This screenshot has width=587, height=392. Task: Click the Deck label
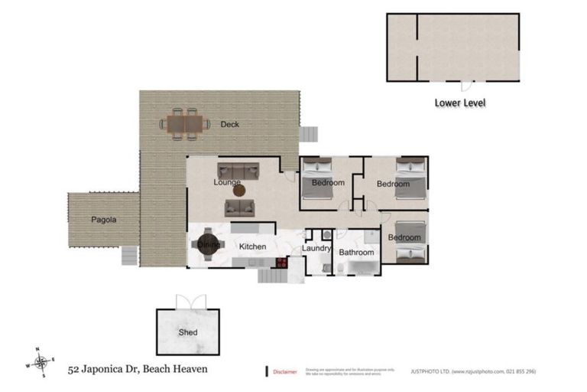pos(230,124)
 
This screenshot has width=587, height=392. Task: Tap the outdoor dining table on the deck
pos(184,123)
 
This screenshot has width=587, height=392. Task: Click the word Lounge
pos(228,183)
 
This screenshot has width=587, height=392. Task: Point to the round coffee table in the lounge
pos(238,190)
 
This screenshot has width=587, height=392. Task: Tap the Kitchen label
pos(252,247)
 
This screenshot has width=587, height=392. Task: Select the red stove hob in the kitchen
pos(281,262)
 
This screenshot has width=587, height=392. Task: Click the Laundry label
pos(316,248)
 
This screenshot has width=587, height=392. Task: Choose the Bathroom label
pos(356,252)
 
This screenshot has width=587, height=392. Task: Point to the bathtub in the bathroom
pos(362,266)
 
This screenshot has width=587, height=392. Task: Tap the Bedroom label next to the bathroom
pos(404,237)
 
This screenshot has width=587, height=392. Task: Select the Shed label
pos(188,332)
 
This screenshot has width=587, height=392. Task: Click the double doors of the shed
pos(187,302)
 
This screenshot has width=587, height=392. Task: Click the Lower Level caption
pos(460,102)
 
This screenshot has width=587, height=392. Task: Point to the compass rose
pos(43,361)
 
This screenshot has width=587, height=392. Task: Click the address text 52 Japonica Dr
pos(108,369)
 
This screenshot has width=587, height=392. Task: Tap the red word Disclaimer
pos(285,371)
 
